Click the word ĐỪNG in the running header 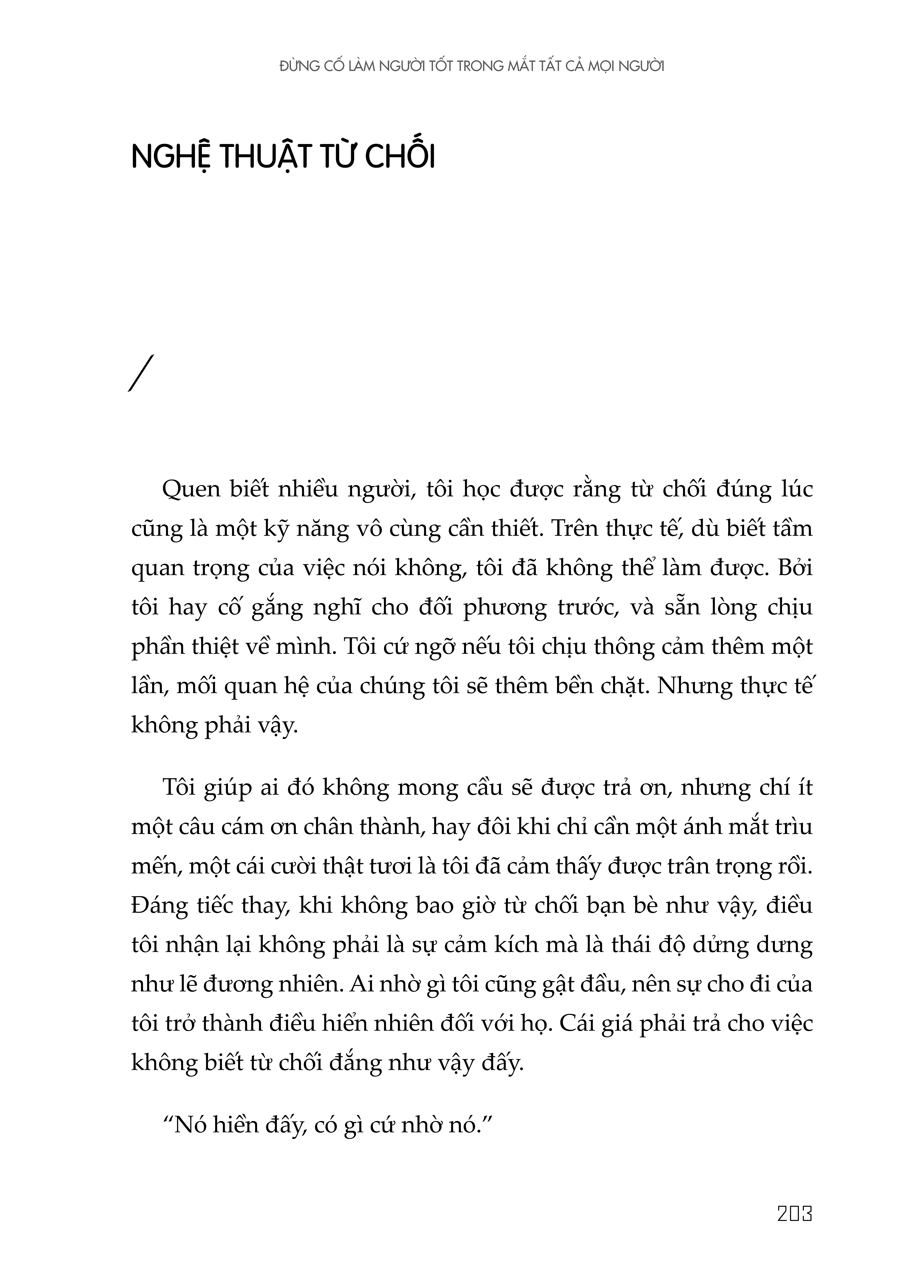(300, 66)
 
